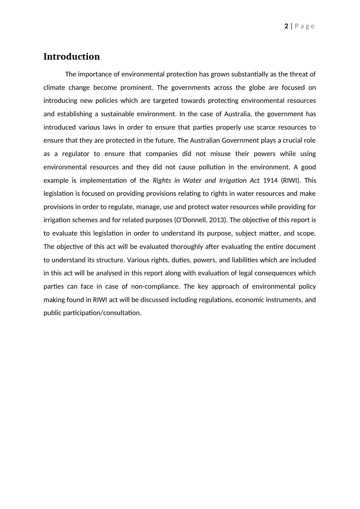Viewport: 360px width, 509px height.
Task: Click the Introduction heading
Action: pyautogui.click(x=72, y=57)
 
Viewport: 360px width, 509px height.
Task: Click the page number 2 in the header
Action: pyautogui.click(x=286, y=26)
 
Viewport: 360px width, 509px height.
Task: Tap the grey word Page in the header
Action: pyautogui.click(x=305, y=26)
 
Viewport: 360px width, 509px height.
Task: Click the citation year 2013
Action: pyautogui.click(x=217, y=220)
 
